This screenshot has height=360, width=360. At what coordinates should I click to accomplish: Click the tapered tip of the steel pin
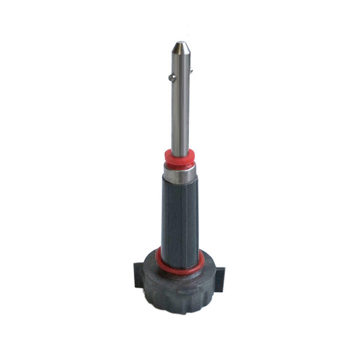click(179, 46)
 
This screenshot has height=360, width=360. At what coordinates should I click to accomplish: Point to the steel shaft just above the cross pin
click(180, 65)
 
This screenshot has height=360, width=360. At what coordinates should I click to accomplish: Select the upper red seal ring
click(179, 159)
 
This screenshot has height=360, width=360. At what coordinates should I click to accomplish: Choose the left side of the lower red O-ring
click(159, 259)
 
